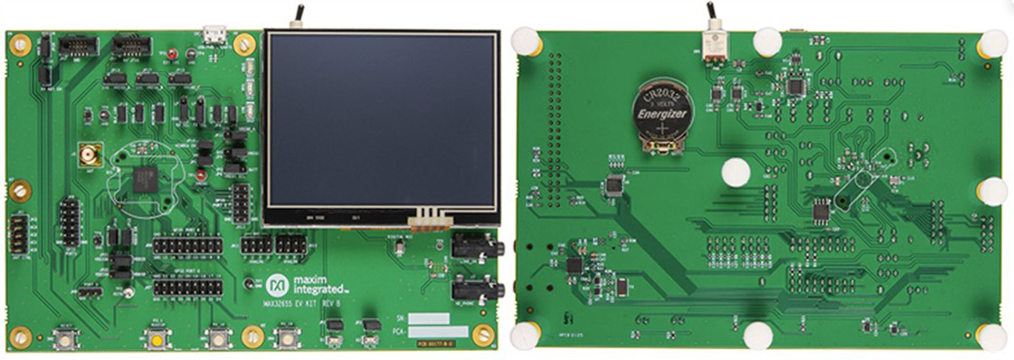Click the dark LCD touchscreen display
[381, 121]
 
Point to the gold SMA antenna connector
[90, 155]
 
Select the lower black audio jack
[474, 289]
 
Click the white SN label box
[428, 318]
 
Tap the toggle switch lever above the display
[295, 14]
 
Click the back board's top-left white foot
[525, 41]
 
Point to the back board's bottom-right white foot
[991, 336]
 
